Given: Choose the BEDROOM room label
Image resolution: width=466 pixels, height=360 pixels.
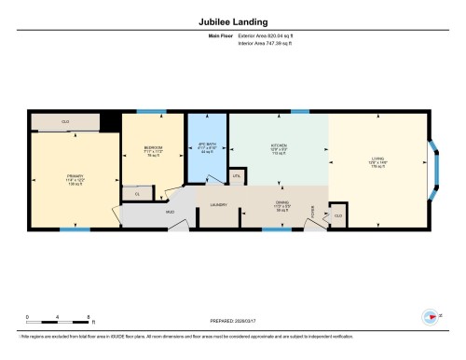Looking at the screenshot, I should coord(154,149).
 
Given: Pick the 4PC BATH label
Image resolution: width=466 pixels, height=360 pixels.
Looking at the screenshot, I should coord(207,146).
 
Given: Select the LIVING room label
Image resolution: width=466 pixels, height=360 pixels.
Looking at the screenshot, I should coord(377,159).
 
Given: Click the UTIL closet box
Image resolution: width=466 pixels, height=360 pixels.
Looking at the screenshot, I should coord(237,175).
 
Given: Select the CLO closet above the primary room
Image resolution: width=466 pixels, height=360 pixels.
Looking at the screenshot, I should coord(65,122).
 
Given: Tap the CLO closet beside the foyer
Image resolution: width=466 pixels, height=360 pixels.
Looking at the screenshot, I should coord(337,216).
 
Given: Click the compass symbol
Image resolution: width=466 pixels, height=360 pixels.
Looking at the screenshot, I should coord(431,315).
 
